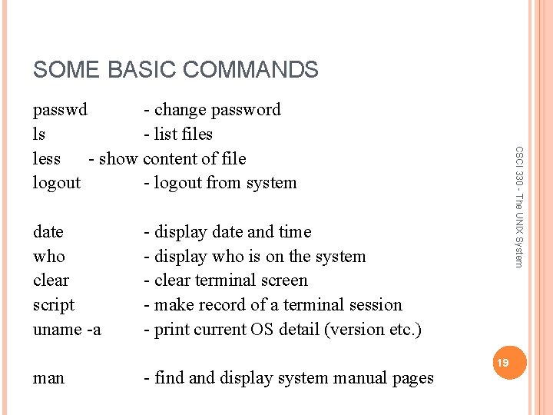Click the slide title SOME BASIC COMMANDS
click(175, 70)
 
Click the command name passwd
click(60, 110)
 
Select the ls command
click(39, 134)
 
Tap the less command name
click(47, 159)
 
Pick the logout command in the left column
click(57, 183)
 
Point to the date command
click(48, 232)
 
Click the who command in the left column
click(49, 257)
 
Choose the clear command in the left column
click(51, 281)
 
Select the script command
click(54, 305)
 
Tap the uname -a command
click(67, 330)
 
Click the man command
click(49, 378)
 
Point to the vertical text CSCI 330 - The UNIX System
click(519, 207)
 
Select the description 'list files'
click(183, 134)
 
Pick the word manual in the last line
click(355, 378)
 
